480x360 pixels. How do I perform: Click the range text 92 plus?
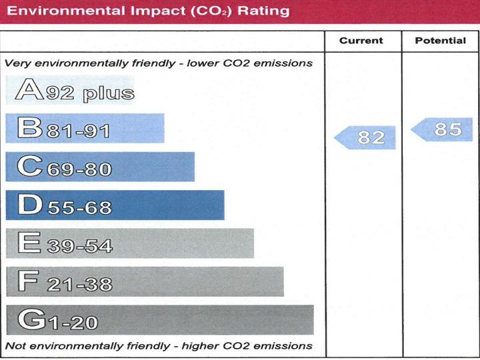pos(90,92)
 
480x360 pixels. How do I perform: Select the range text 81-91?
pos(77,131)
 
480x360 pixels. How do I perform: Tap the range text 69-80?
pos(78,169)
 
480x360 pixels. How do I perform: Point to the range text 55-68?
pos(78,207)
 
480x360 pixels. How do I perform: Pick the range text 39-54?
pos(79,246)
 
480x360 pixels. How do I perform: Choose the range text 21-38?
pos(79,285)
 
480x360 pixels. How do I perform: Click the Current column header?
pos(361,41)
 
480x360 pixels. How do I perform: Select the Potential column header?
pos(440,41)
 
